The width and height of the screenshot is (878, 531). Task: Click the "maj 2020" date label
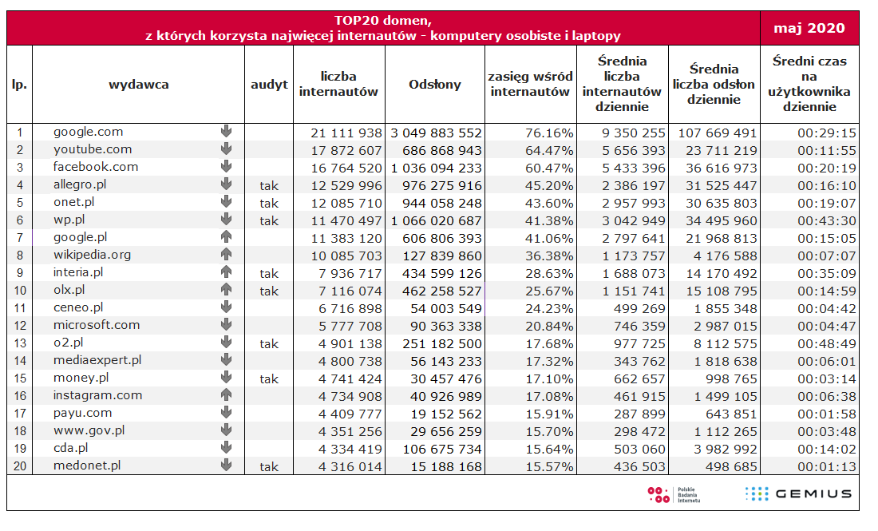[809, 28]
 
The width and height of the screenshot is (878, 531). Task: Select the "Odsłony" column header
[434, 85]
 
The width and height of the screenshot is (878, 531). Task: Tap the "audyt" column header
[269, 85]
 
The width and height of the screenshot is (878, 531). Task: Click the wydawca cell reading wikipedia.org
[92, 255]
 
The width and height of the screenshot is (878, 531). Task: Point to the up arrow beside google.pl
[226, 237]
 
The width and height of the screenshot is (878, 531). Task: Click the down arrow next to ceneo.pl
[226, 307]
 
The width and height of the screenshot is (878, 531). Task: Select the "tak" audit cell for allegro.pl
[269, 186]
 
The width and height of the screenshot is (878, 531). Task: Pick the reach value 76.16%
[549, 133]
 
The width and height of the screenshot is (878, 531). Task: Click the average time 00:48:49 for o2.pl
[826, 344]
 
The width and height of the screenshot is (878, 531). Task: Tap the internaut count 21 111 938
[346, 133]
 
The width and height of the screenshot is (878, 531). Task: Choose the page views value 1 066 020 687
[436, 221]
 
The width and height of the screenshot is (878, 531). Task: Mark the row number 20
[20, 466]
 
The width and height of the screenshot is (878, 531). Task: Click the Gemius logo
[798, 493]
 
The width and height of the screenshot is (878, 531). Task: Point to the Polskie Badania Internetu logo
[674, 494]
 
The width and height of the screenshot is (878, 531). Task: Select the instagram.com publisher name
[97, 395]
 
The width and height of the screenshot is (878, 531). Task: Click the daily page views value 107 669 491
[718, 133]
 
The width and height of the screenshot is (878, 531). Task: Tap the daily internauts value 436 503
[639, 466]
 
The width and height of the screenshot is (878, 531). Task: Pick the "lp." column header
[20, 85]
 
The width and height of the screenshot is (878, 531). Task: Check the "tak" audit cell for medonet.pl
[269, 467]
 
